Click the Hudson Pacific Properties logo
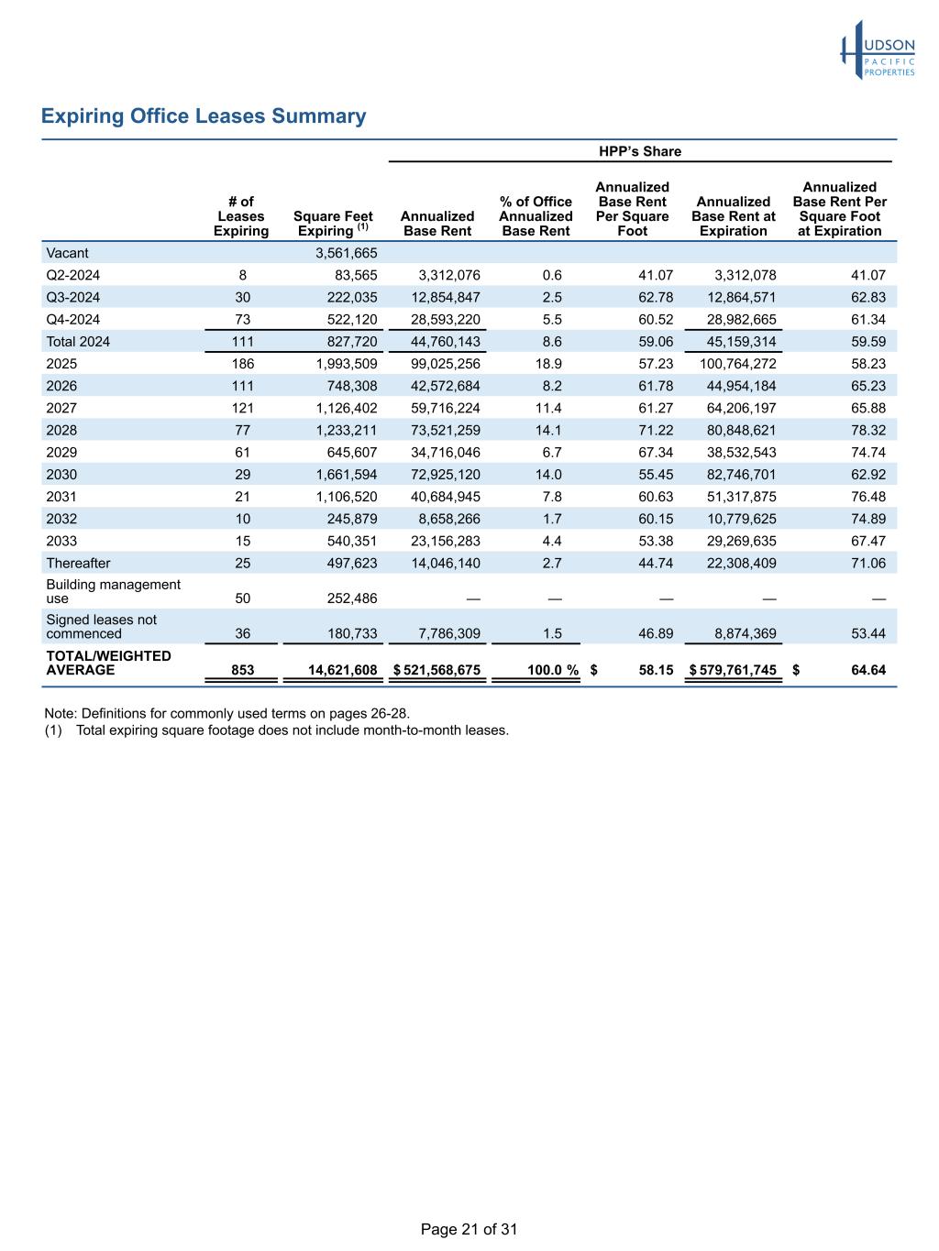pyautogui.click(x=878, y=50)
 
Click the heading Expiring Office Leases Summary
pyautogui.click(x=204, y=116)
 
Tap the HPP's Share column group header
pyautogui.click(x=640, y=151)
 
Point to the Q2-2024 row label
pyautogui.click(x=73, y=275)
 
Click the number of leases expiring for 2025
pyautogui.click(x=243, y=364)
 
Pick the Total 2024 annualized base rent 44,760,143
pyautogui.click(x=437, y=342)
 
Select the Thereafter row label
pyautogui.click(x=78, y=563)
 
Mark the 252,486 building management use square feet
pyautogui.click(x=352, y=598)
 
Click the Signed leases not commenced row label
pyautogui.click(x=101, y=627)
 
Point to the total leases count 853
pyautogui.click(x=243, y=670)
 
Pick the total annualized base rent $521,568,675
pyautogui.click(x=437, y=670)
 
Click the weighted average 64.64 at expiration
pyautogui.click(x=868, y=670)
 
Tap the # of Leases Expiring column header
pyautogui.click(x=241, y=216)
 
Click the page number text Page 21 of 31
pyautogui.click(x=469, y=1229)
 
